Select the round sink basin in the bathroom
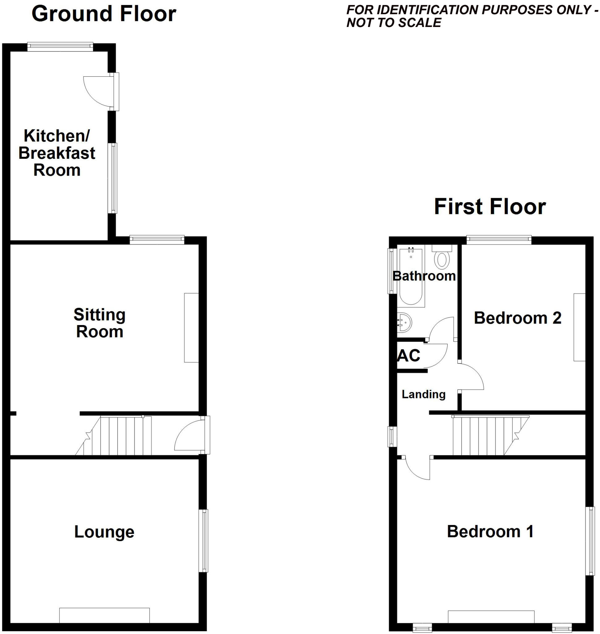(x=404, y=323)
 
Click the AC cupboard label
(x=409, y=355)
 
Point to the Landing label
(x=423, y=394)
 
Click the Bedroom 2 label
(x=517, y=318)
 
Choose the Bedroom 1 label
(x=490, y=532)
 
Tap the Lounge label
(x=104, y=532)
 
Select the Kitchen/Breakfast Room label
(x=57, y=153)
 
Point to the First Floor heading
(x=490, y=206)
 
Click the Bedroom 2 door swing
(x=471, y=377)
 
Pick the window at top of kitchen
(x=60, y=47)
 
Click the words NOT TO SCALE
(x=394, y=23)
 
